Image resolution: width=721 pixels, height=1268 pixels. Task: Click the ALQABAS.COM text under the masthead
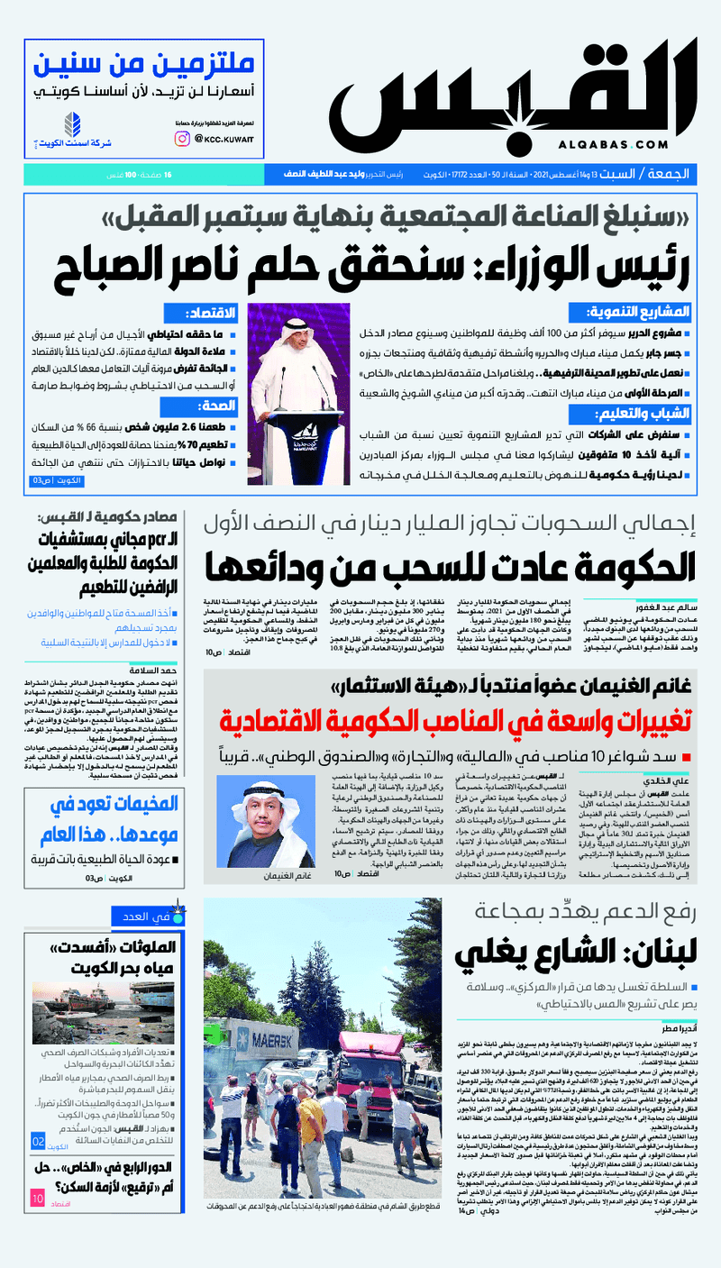613,144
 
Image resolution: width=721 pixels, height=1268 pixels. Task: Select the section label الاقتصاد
211,313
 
